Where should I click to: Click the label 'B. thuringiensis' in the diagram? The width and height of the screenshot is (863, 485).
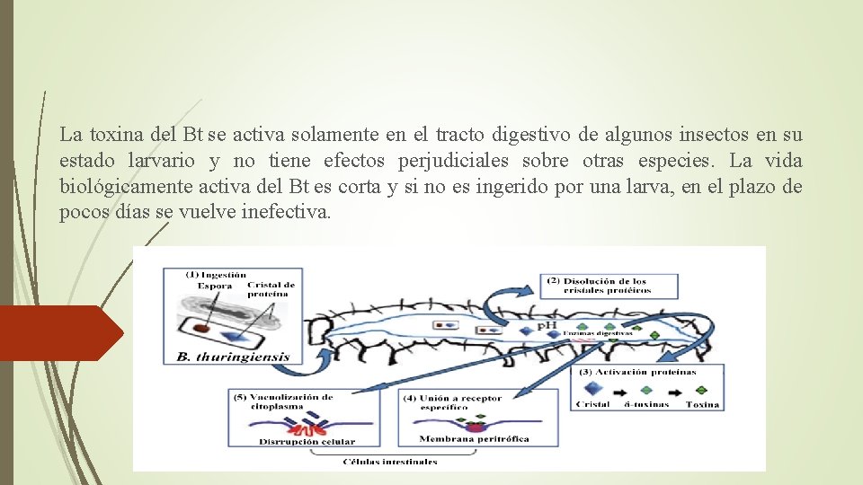233,357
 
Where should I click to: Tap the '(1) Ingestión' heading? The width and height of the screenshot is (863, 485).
216,274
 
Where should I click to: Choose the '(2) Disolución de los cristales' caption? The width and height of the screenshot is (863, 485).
599,286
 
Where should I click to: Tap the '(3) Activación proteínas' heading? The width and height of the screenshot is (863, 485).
637,371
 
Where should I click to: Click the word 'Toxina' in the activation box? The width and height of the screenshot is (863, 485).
701,404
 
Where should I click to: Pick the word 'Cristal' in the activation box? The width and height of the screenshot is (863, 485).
592,404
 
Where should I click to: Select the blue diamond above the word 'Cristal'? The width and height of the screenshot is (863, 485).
592,388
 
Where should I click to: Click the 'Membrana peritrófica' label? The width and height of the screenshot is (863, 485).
474,439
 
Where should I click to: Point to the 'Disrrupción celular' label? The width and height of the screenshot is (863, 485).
307,441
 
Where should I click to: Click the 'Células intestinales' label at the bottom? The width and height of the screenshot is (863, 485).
389,462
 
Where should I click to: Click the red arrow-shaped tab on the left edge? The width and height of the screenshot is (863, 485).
59,333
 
